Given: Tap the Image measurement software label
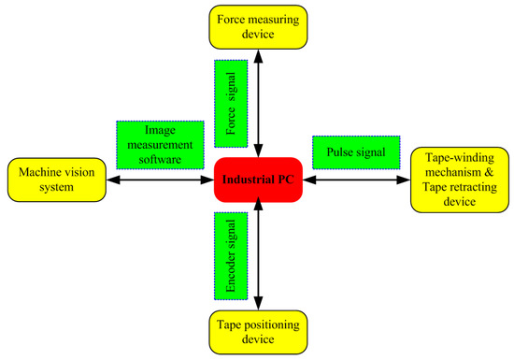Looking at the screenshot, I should pyautogui.click(x=160, y=145).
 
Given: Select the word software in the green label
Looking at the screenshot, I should pyautogui.click(x=160, y=158).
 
